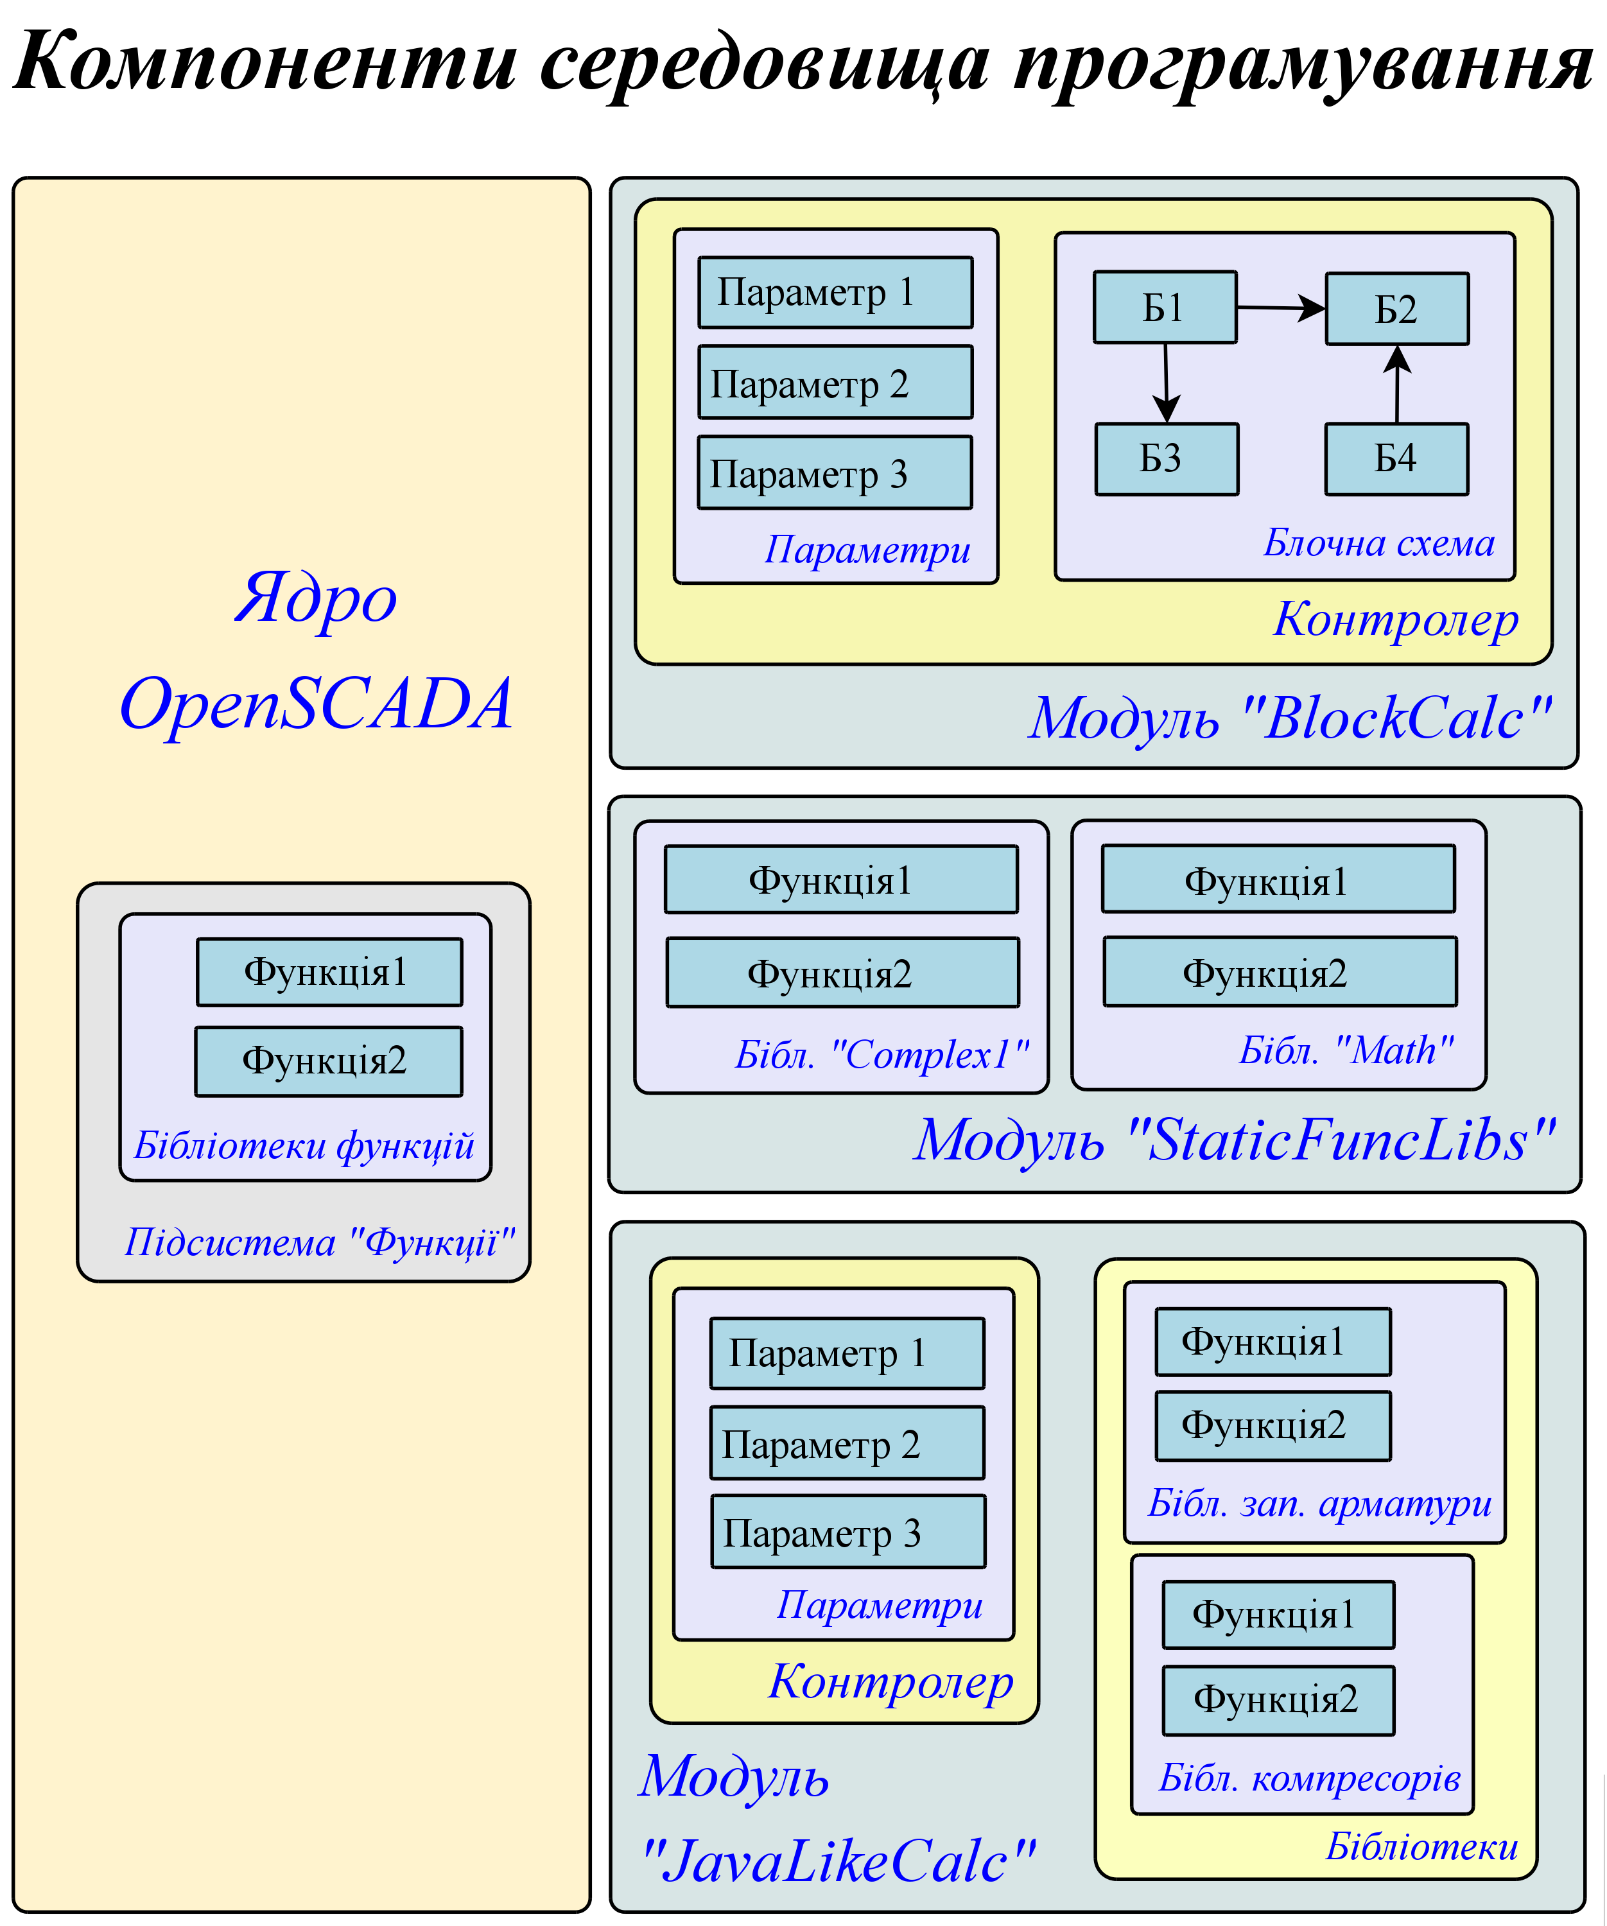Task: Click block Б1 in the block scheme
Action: [x=1165, y=308]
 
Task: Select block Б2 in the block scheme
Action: [x=1397, y=309]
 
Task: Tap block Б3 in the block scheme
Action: [x=1167, y=458]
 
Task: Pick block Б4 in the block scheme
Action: [x=1396, y=458]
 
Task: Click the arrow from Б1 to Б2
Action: [x=1280, y=308]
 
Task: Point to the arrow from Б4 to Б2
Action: [x=1397, y=385]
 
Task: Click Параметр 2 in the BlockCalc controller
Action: [x=835, y=383]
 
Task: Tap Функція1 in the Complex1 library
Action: [x=841, y=880]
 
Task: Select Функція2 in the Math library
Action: [x=1280, y=971]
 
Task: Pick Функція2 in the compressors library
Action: [x=1278, y=1699]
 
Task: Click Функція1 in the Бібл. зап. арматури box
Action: [x=1273, y=1342]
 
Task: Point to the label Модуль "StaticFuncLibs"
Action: [x=1235, y=1140]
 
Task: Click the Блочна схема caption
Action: [x=1378, y=543]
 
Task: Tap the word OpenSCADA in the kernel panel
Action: [x=317, y=704]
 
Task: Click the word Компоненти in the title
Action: [x=266, y=62]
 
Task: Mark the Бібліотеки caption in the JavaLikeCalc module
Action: [x=1421, y=1846]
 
